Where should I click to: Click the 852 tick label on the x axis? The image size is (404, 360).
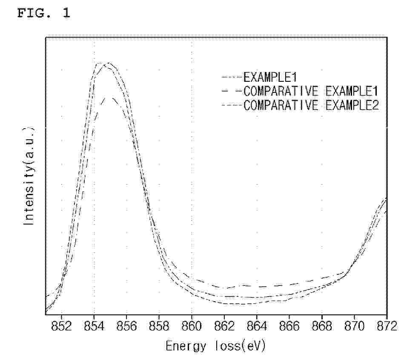click(61, 326)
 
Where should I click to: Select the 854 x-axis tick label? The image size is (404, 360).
click(94, 326)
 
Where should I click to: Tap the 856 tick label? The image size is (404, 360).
click(126, 326)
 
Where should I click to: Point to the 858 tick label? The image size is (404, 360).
click(159, 326)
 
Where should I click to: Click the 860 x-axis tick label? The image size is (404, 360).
click(192, 326)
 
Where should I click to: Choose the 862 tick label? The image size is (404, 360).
click(224, 326)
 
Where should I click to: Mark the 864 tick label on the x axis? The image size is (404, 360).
click(257, 326)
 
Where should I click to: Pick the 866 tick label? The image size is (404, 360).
click(289, 326)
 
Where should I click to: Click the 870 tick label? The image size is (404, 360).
click(355, 326)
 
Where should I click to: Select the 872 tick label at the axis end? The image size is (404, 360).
click(387, 326)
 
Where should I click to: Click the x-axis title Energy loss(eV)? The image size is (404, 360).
click(215, 346)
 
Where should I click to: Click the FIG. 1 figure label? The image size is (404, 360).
click(44, 13)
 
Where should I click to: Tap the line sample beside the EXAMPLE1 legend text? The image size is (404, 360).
click(232, 77)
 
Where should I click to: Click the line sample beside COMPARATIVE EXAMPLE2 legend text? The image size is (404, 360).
click(232, 105)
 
